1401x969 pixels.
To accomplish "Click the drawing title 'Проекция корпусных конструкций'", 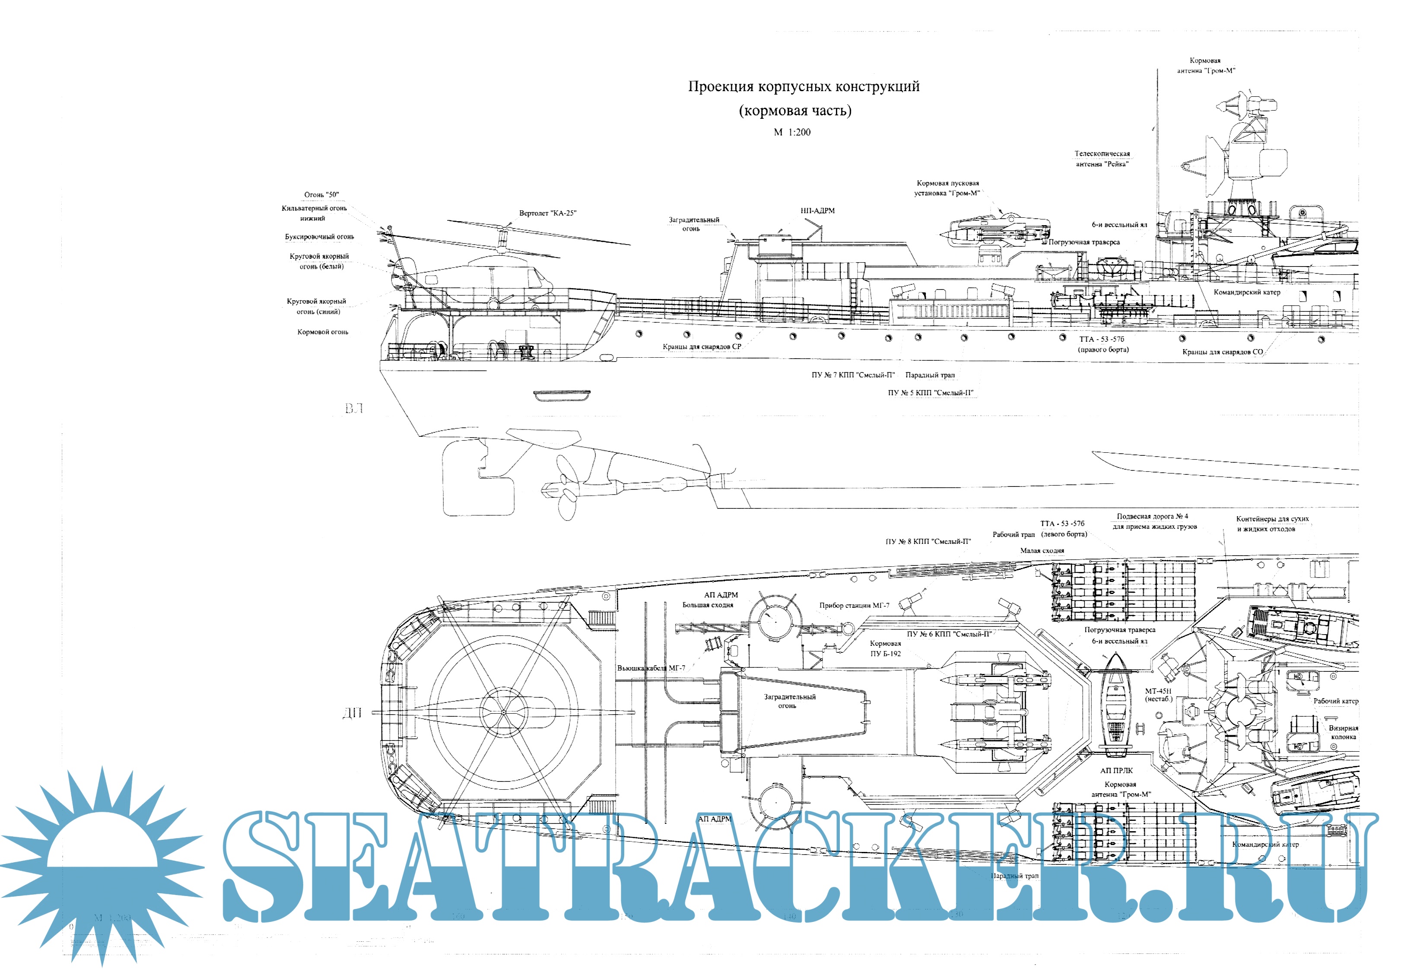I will (803, 87).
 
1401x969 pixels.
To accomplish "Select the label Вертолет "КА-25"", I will (547, 213).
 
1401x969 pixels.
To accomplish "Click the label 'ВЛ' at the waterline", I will (354, 409).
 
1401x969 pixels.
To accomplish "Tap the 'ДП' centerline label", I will (352, 713).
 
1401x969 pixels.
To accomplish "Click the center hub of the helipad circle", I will (503, 712).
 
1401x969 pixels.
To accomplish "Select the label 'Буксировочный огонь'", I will (319, 237).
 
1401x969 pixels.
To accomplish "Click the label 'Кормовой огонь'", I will (322, 332).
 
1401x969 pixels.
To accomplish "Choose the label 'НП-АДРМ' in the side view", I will (817, 211).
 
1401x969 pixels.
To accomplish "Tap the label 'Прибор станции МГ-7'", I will (854, 605).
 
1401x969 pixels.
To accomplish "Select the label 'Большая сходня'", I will (707, 605).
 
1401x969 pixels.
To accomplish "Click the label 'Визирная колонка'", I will (1343, 732).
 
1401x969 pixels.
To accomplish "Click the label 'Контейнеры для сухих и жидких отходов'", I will (1272, 524).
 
